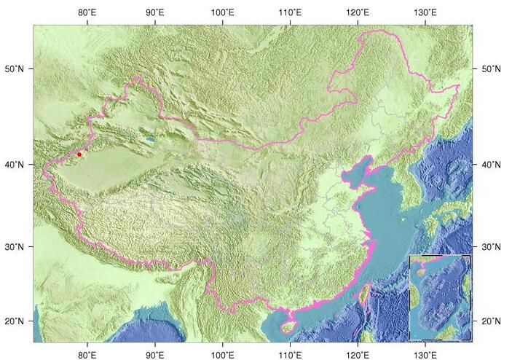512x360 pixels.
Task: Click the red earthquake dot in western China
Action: click(79, 154)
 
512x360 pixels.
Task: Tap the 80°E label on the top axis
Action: click(87, 12)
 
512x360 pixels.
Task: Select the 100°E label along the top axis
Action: click(222, 12)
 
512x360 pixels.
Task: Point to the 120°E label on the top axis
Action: click(358, 12)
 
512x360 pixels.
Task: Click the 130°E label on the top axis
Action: click(425, 12)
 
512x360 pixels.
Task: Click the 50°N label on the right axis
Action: click(491, 69)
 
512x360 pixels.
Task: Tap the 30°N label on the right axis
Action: click(491, 248)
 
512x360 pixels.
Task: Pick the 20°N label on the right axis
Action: click(491, 321)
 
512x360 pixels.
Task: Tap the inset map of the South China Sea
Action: click(440, 297)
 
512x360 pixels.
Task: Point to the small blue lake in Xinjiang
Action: click(150, 138)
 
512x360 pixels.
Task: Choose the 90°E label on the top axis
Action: click(155, 12)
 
